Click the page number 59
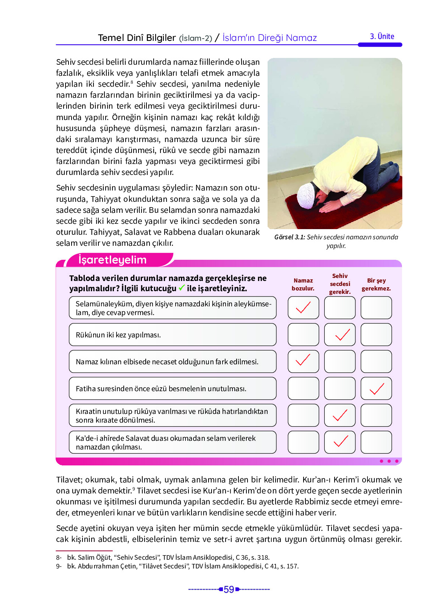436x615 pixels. (229, 590)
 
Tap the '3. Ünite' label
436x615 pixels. (382, 36)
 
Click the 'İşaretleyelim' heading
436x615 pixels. (112, 260)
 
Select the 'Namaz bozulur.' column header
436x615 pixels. (303, 284)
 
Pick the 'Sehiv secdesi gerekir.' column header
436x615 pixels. (339, 284)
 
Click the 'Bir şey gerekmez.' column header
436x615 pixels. (376, 284)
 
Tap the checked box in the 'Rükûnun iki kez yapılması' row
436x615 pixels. (340, 335)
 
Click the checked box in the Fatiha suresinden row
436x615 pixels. (376, 389)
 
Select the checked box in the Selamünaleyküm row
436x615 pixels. (303, 307)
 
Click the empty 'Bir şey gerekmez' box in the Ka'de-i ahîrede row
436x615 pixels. (376, 442)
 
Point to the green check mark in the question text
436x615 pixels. (181, 288)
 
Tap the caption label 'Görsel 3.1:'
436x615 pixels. (290, 237)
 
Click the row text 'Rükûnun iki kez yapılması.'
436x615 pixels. (118, 335)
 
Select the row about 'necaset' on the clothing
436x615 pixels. (167, 362)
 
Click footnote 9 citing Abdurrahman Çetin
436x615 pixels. (178, 566)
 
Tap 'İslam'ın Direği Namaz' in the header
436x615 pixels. (269, 38)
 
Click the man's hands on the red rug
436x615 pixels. (329, 206)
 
